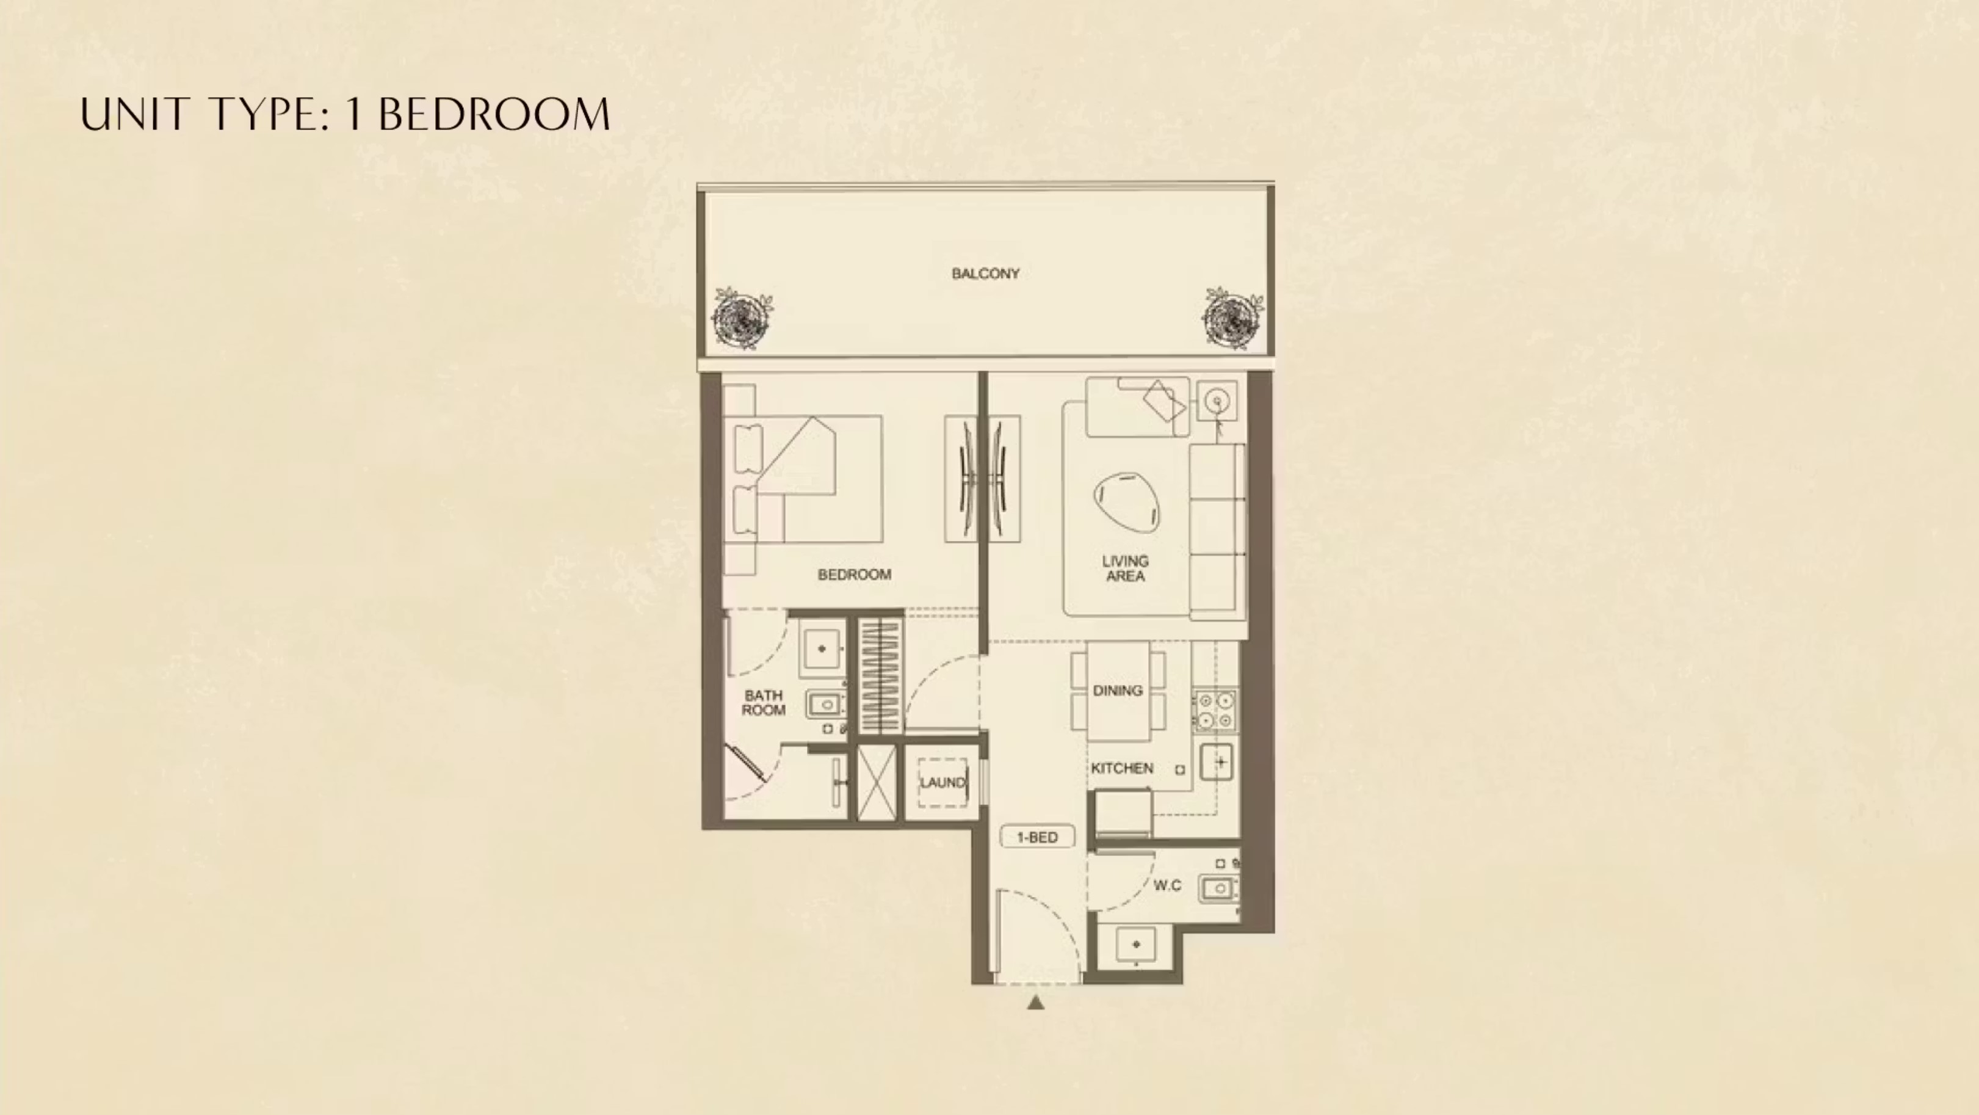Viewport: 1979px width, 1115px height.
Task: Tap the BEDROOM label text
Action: (x=854, y=575)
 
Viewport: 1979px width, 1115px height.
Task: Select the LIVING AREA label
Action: (x=1126, y=568)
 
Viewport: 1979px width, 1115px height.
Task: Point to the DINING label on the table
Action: (x=1118, y=691)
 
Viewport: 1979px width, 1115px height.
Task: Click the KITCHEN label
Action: (x=1123, y=768)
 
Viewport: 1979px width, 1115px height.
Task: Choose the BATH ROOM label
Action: (x=763, y=702)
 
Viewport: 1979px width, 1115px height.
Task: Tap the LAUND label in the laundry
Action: (x=942, y=782)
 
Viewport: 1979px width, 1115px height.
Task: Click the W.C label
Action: (x=1167, y=885)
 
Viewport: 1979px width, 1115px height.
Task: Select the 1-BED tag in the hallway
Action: (x=1037, y=837)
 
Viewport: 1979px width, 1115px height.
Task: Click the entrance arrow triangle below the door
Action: (x=1036, y=1002)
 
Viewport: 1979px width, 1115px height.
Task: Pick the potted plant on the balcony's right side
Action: (x=1232, y=318)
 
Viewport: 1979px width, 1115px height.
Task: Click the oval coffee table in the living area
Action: (x=1127, y=502)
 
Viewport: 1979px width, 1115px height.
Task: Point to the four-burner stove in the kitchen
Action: (x=1215, y=710)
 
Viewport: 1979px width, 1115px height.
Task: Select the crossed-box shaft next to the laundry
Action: (x=877, y=782)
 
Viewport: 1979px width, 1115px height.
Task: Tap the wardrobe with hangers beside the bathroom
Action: (x=880, y=675)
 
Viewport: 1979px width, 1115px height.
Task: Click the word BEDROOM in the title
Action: (x=494, y=115)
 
